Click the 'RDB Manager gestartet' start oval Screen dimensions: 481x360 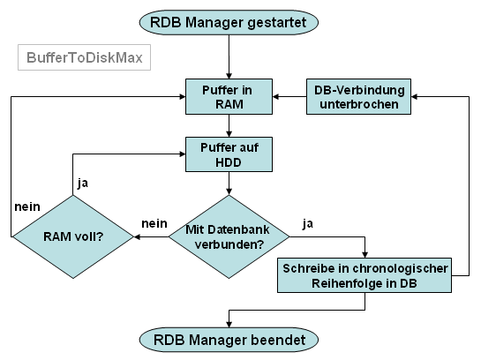[x=229, y=22]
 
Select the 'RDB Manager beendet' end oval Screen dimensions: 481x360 [x=229, y=340]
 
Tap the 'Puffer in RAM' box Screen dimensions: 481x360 [x=229, y=96]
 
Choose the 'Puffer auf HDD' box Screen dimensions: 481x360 [x=229, y=154]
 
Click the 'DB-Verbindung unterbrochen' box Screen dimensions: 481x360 [x=358, y=96]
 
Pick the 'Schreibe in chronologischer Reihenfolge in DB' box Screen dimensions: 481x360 [x=365, y=275]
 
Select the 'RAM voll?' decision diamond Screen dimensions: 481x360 [x=72, y=236]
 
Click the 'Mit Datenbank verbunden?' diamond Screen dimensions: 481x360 [x=229, y=236]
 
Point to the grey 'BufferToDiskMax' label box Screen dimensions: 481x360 [x=85, y=57]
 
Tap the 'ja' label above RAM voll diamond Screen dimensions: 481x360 [x=83, y=183]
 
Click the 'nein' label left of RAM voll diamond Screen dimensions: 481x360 [x=27, y=207]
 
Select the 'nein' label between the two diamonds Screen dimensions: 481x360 [x=154, y=223]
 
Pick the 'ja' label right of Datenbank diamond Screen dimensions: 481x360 [x=308, y=224]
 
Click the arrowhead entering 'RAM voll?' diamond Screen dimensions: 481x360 [x=137, y=236]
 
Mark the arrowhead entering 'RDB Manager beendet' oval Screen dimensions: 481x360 [x=229, y=324]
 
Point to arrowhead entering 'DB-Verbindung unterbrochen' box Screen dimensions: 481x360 [x=414, y=96]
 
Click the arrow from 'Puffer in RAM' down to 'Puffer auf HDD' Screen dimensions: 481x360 [x=229, y=125]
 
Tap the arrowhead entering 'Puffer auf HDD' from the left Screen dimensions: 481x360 [x=182, y=154]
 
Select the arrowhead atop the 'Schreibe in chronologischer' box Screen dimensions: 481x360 [x=365, y=254]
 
